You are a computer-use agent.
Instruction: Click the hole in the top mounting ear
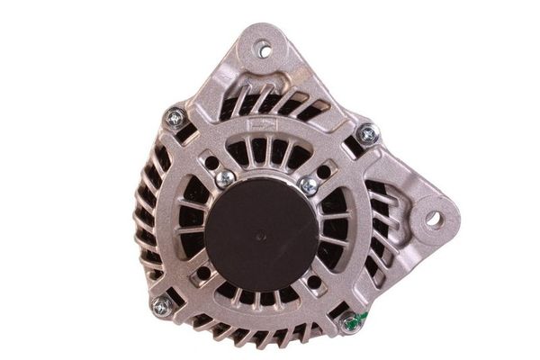point(264,50)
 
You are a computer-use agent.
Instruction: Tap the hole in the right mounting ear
point(432,217)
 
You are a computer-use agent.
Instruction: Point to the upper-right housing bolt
point(367,134)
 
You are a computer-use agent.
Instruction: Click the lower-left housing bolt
point(162,306)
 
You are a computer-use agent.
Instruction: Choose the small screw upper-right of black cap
point(309,185)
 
